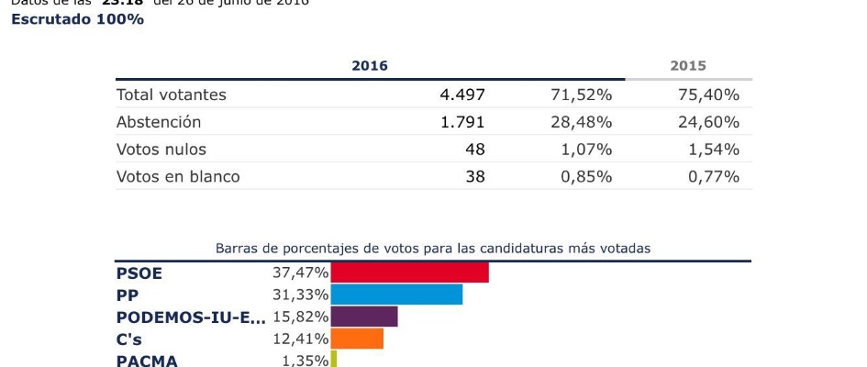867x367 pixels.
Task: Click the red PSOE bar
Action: click(x=409, y=272)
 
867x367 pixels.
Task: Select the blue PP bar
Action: click(x=396, y=295)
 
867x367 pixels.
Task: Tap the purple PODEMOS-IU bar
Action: click(x=364, y=317)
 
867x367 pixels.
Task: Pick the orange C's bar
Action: click(x=357, y=339)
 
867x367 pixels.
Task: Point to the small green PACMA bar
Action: click(x=334, y=360)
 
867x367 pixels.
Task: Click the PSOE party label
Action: click(x=138, y=272)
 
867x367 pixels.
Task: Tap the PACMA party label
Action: click(x=147, y=361)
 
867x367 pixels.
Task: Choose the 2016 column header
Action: click(x=370, y=66)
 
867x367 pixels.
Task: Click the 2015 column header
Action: click(x=688, y=66)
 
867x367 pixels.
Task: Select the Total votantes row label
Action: click(x=171, y=95)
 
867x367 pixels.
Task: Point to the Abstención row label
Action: click(x=158, y=122)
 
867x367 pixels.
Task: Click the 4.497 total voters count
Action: click(x=462, y=95)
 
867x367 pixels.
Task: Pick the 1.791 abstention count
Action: click(x=462, y=122)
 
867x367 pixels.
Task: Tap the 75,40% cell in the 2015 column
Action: click(x=713, y=95)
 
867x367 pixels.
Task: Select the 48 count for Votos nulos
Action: click(x=474, y=150)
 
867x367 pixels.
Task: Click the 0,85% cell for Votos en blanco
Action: click(x=586, y=176)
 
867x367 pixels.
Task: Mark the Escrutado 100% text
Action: click(x=77, y=19)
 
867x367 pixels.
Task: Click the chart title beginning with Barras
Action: click(x=433, y=248)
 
